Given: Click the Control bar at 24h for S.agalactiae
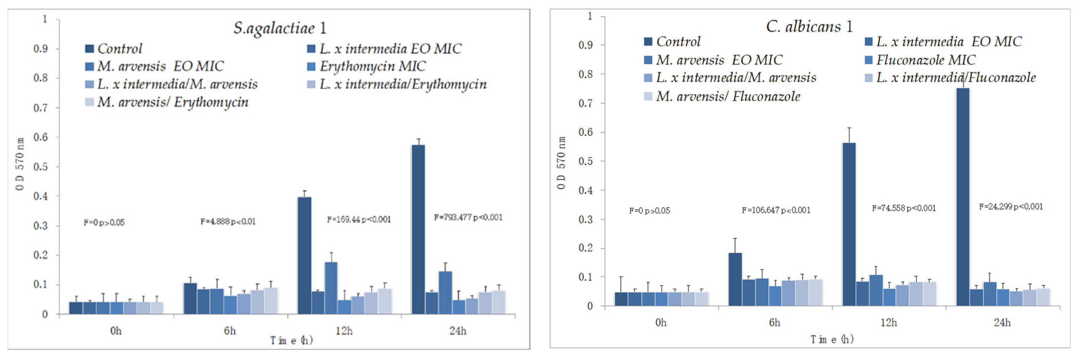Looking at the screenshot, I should coord(418,229).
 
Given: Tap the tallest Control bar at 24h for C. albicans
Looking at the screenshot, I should coord(963,197).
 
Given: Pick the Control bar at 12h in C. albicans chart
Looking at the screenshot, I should coord(849,224).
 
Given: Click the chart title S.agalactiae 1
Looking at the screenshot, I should coord(280,28).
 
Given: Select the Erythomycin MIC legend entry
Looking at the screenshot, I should coord(372,66).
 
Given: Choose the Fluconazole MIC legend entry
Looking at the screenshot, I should coord(925,60).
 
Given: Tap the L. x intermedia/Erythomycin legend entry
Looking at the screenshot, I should coord(403,84).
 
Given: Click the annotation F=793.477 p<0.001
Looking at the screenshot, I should coord(468,217).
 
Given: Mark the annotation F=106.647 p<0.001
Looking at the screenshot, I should coord(776,210).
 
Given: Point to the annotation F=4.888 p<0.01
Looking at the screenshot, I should coord(228,221).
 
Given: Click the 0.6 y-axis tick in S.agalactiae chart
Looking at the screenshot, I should coord(41,137).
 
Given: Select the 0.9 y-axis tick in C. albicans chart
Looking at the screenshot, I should coord(585,45).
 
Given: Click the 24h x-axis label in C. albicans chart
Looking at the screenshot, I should coord(1002,322).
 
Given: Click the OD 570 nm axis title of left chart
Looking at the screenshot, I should coord(20,164).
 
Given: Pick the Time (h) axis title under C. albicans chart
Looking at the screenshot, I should coord(832,339).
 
